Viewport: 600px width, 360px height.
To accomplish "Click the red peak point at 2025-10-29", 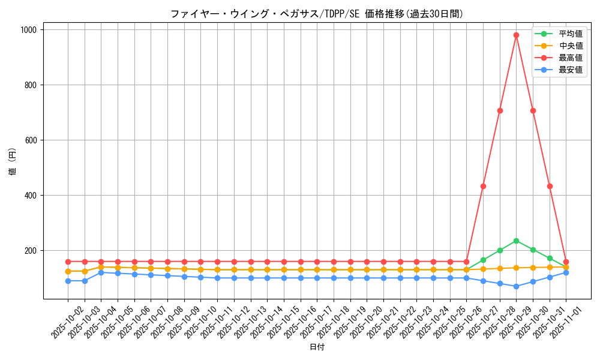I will (x=516, y=35).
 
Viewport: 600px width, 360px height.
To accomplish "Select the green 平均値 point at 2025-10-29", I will (x=516, y=241).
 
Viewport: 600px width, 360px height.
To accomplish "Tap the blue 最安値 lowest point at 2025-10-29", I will (x=516, y=286).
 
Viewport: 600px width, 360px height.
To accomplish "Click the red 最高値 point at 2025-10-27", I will (x=483, y=186).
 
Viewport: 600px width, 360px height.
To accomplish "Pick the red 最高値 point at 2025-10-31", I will (x=550, y=186).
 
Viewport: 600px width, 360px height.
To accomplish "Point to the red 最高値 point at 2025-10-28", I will (x=500, y=110).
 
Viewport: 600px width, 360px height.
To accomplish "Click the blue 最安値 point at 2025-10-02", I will (x=68, y=281).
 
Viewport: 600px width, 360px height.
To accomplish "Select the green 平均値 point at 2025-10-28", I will (x=500, y=250).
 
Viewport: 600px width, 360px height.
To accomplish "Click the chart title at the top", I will (x=317, y=14).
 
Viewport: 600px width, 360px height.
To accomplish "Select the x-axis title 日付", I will (x=317, y=347).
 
